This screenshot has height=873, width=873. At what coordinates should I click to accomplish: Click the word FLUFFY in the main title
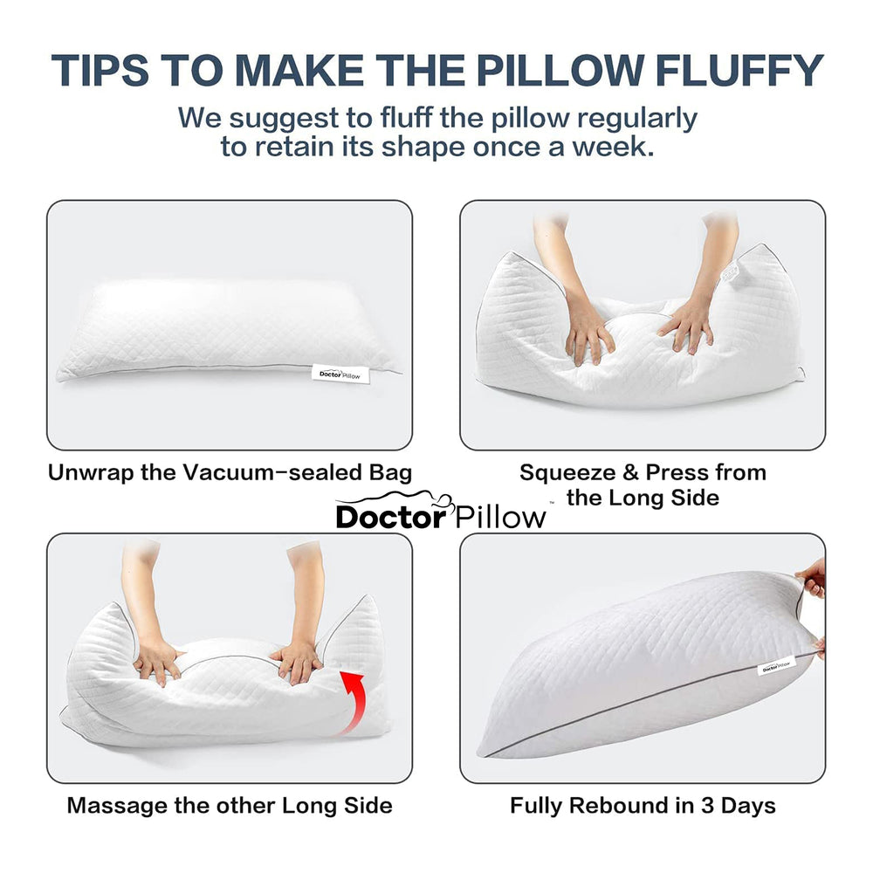[739, 71]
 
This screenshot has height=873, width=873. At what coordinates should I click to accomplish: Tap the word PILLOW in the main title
[560, 71]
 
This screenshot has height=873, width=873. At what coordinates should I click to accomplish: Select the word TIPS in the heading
[100, 71]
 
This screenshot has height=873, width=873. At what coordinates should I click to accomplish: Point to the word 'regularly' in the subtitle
[637, 119]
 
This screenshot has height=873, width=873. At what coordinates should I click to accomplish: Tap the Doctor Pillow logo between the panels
[441, 511]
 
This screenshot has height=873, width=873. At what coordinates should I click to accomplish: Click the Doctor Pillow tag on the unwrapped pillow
[340, 375]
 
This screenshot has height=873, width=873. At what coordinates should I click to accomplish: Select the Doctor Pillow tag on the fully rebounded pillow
[777, 665]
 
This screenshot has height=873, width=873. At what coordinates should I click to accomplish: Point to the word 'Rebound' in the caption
[631, 806]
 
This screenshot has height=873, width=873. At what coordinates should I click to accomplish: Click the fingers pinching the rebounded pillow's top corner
[813, 579]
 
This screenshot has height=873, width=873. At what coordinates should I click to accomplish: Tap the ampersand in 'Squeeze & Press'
[631, 472]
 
